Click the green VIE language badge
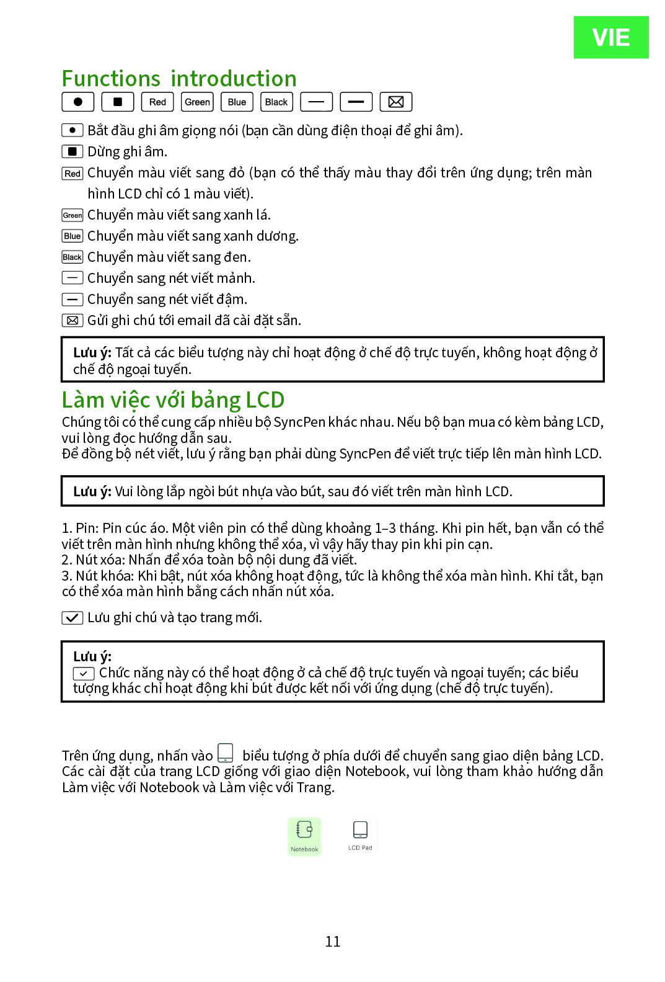tap(610, 37)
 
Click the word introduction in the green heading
tap(234, 79)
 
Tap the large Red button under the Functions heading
tap(157, 102)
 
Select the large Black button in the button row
tap(276, 102)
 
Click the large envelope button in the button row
tap(395, 102)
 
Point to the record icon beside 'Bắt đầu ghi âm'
tap(73, 130)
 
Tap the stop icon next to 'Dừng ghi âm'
tap(73, 151)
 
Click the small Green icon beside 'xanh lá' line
tap(73, 215)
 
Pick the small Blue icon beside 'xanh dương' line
tap(73, 236)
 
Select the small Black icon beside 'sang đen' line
tap(73, 257)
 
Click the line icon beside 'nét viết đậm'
tap(73, 300)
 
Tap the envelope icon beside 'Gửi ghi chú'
tap(73, 321)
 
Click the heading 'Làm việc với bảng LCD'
tap(173, 400)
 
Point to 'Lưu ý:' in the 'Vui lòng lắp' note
tap(92, 492)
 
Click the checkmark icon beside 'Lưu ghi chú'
tap(73, 618)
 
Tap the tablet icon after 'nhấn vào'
tap(226, 753)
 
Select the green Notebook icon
tap(304, 836)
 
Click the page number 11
tap(333, 942)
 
